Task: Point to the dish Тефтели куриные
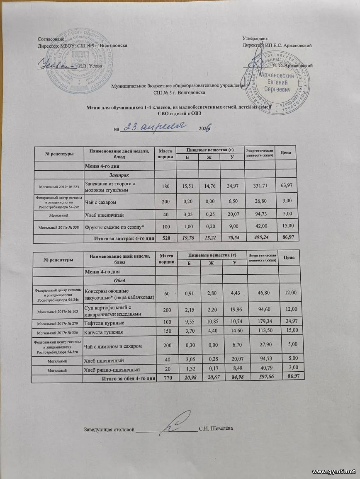pyautogui.click(x=104, y=322)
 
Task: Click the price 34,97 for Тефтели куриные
pyautogui.click(x=289, y=322)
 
